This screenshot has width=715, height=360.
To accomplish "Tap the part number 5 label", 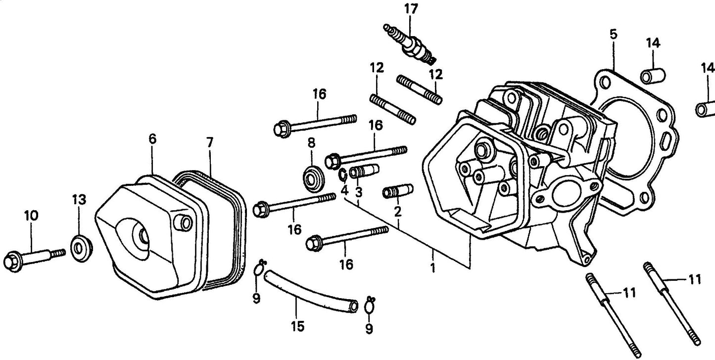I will click(x=613, y=35).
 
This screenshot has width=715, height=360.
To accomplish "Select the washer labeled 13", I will click(x=80, y=245).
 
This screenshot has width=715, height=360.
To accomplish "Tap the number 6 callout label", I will click(x=152, y=139).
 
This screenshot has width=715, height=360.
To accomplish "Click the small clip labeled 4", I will click(x=342, y=175).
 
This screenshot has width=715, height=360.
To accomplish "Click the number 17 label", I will click(x=411, y=9).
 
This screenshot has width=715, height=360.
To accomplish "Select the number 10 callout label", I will click(x=31, y=216).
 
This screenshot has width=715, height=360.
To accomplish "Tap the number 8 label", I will click(x=311, y=143).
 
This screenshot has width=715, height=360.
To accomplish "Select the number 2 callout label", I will click(x=397, y=211).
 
